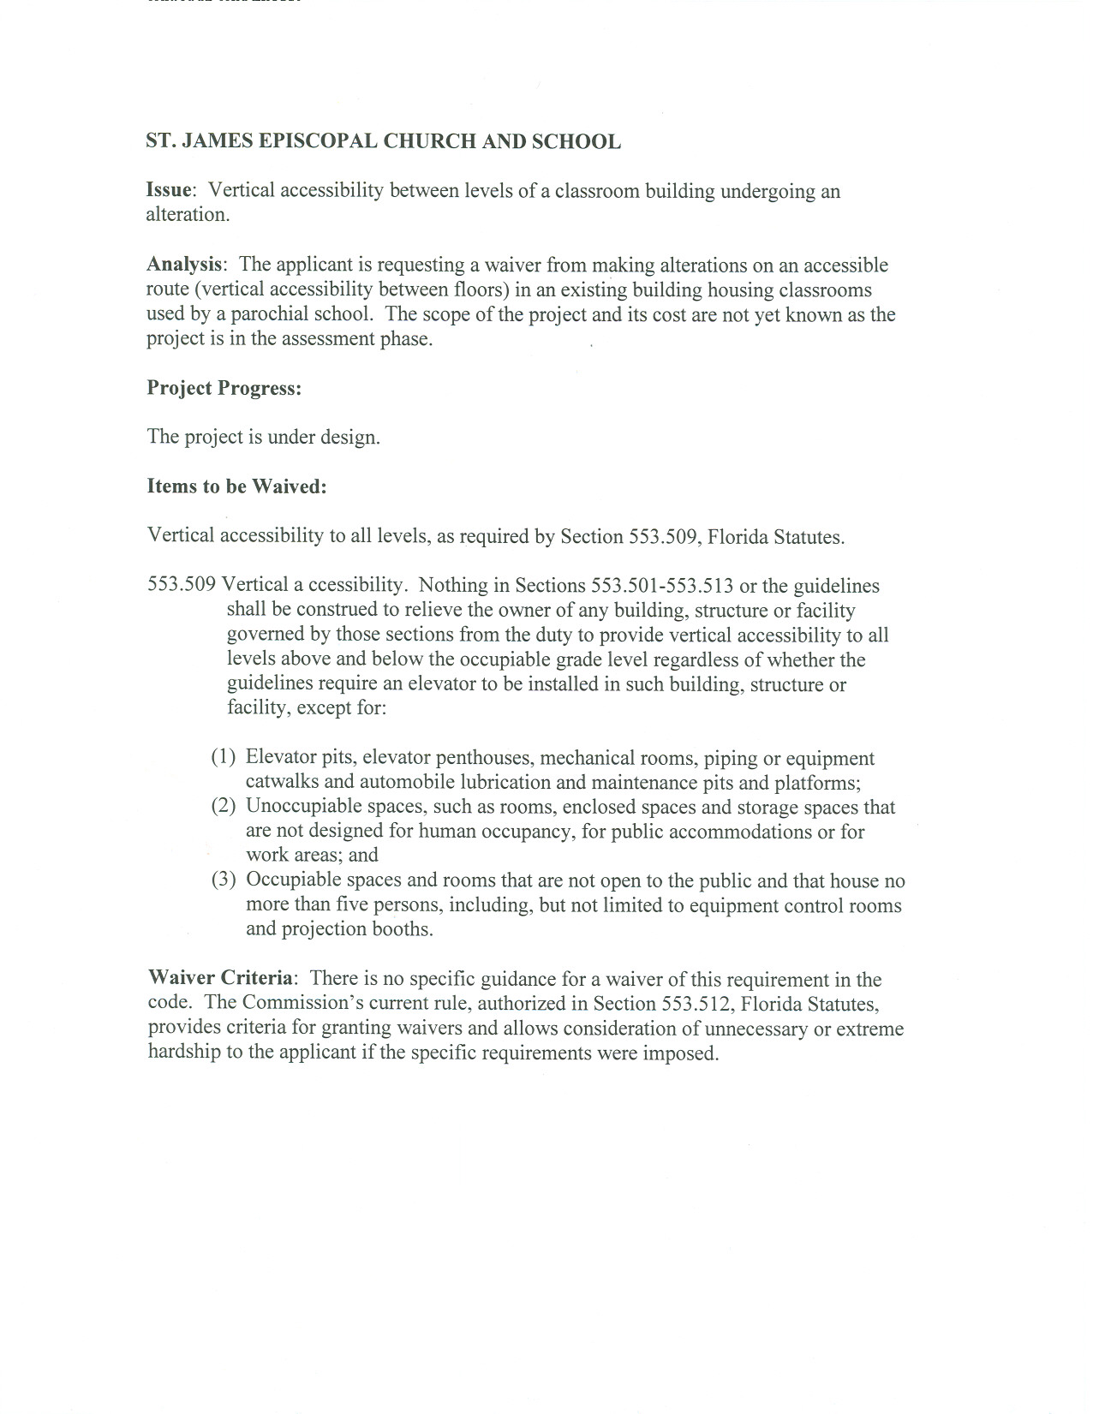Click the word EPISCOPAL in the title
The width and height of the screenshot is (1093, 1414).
[x=318, y=142]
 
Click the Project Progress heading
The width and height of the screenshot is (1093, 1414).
[x=224, y=388]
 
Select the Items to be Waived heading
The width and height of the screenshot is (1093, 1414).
[x=237, y=486]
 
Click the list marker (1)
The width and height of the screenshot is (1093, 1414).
[x=224, y=758]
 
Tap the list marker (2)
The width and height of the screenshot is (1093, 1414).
[x=224, y=807]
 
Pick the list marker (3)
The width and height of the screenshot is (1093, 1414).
[x=224, y=880]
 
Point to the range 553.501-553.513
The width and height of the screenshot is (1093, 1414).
[x=662, y=587]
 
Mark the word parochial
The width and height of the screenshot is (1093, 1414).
[x=272, y=314]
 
